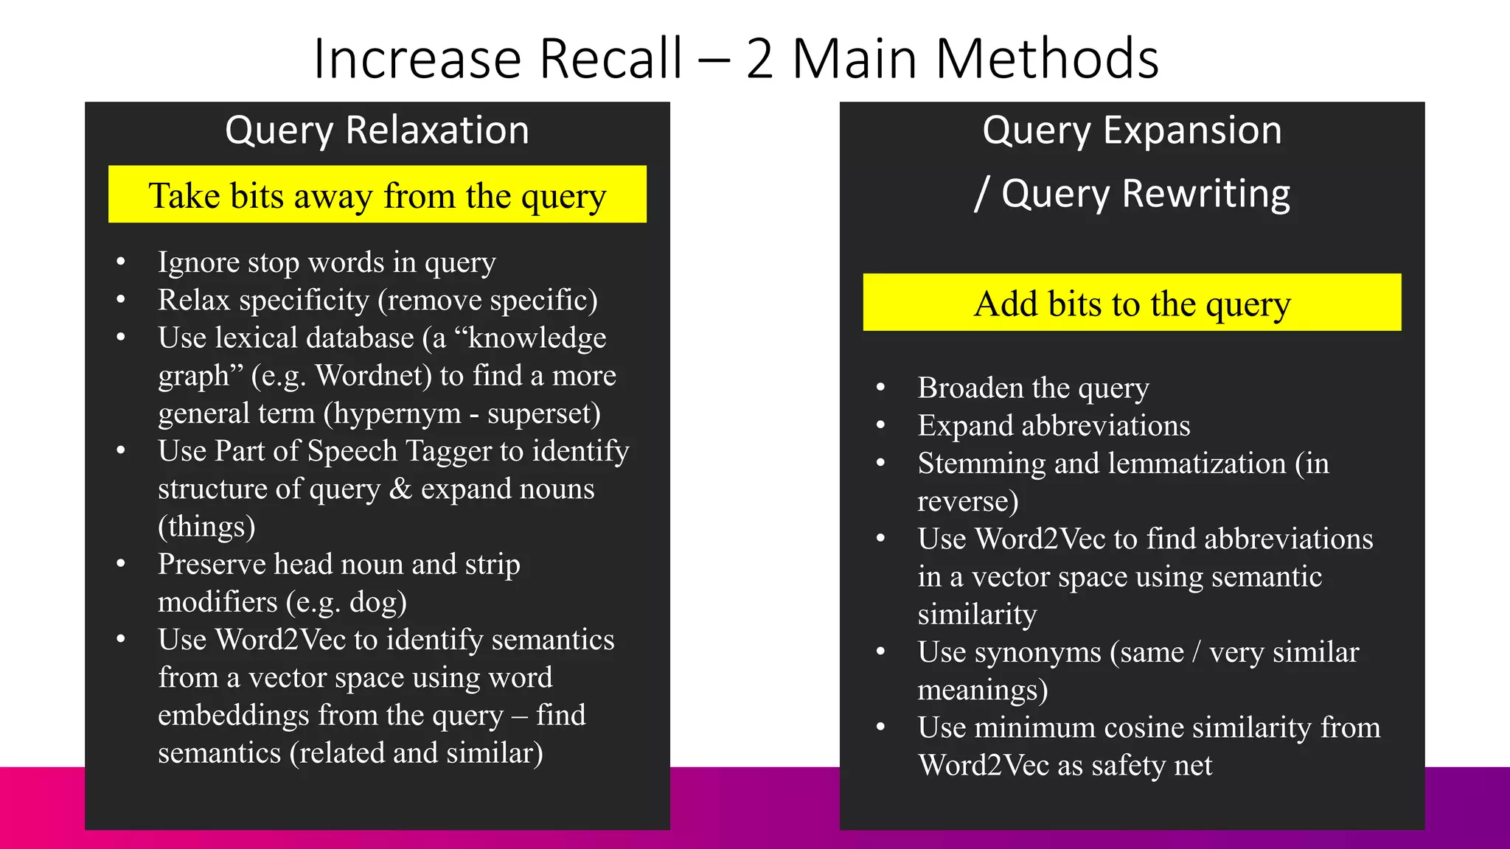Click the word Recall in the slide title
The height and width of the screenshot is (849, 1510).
point(611,59)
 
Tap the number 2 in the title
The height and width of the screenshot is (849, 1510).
point(759,59)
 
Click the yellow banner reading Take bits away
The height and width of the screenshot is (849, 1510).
point(377,195)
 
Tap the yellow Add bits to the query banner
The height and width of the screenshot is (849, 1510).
point(1132,303)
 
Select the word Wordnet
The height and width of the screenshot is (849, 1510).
point(373,376)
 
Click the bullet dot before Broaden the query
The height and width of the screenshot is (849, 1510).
point(880,388)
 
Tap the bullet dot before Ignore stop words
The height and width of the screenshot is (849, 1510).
point(121,262)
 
